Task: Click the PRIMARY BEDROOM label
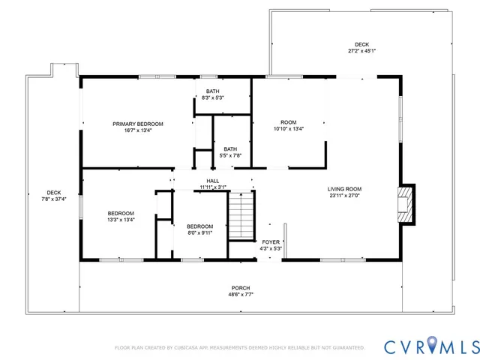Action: coord(138,124)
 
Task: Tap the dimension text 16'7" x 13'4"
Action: coord(138,130)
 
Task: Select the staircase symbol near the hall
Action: coord(241,215)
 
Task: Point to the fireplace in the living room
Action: coord(406,204)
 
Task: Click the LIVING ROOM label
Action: coord(344,189)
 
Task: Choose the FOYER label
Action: coord(270,242)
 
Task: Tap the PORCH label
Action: coord(241,288)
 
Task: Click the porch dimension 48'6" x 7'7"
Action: coord(241,295)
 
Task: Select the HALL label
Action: coord(212,180)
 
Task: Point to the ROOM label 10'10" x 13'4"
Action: coord(289,122)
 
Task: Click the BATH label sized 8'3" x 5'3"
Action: coord(212,91)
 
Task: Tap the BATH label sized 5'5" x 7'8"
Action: coord(229,148)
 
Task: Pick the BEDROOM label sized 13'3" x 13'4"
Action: coord(121,213)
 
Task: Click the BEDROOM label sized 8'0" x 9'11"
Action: coord(200,226)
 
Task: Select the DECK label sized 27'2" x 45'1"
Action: coord(362,44)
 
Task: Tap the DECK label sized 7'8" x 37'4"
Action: coord(53,192)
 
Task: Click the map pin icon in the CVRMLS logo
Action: coord(433,346)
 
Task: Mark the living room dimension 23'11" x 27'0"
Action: coord(344,196)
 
